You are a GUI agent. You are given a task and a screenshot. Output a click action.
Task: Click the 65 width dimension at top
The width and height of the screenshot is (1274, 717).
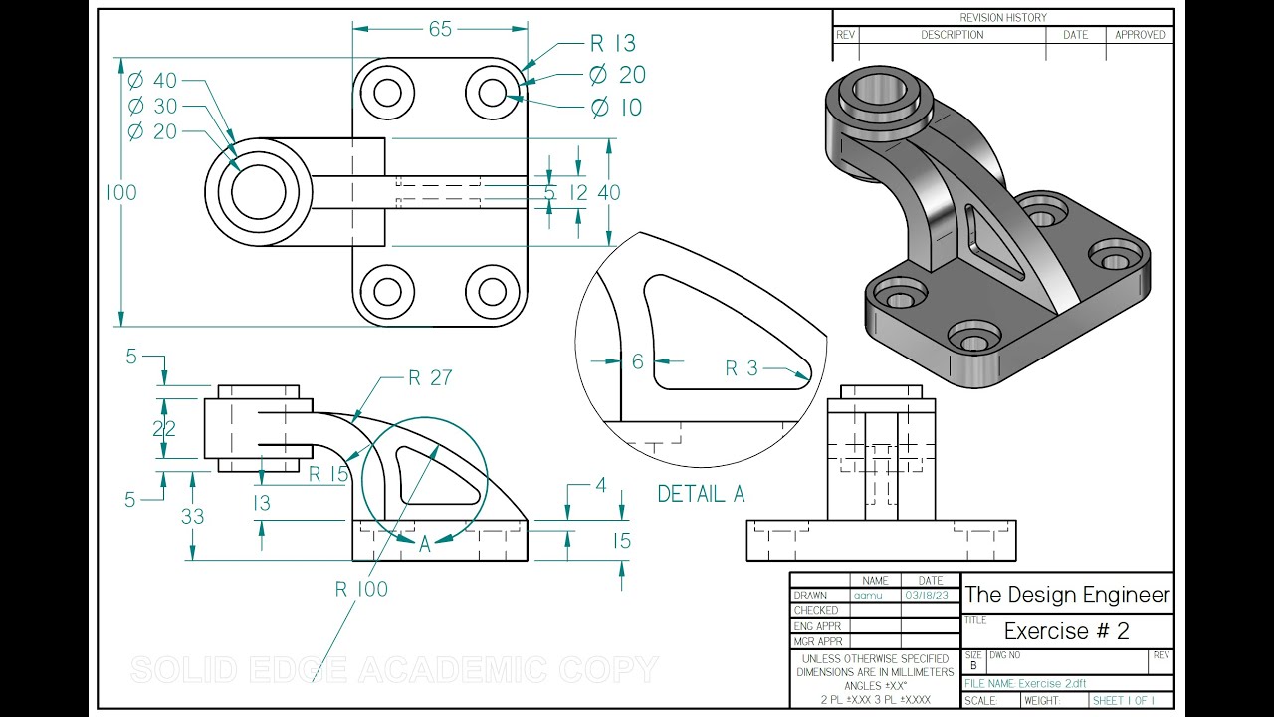tap(440, 30)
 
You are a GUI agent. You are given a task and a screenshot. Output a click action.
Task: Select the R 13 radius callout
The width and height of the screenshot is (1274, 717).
tap(612, 43)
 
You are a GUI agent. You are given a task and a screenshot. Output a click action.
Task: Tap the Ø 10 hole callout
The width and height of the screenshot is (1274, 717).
tap(616, 107)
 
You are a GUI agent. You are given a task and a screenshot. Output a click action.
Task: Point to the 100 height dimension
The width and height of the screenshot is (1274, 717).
tap(121, 193)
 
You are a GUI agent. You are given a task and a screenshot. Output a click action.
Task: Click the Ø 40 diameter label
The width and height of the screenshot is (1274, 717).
tap(152, 80)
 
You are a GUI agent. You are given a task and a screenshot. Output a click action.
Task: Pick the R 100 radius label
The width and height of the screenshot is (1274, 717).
tap(361, 589)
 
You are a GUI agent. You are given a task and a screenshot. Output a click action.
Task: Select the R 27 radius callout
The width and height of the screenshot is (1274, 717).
tap(430, 378)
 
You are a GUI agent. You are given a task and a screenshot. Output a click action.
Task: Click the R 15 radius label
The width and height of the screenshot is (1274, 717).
tap(328, 474)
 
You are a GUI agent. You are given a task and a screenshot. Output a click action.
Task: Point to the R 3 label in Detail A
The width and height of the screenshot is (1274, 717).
tap(742, 368)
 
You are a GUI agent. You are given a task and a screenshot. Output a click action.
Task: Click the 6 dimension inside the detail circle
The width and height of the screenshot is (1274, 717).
tap(638, 361)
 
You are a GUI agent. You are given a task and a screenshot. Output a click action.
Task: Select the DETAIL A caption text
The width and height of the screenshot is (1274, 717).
tap(701, 494)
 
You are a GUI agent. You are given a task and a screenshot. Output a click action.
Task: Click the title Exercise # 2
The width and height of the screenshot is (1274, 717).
tap(1067, 631)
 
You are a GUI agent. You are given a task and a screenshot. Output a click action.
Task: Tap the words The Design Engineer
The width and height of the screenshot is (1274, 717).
tap(1067, 596)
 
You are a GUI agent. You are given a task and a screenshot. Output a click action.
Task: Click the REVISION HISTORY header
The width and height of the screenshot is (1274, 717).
tap(1002, 17)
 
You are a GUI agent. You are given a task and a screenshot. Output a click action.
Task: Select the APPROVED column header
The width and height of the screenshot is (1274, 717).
tap(1140, 35)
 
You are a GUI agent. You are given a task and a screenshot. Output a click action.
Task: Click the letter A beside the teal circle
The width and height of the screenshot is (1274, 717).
tap(425, 544)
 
